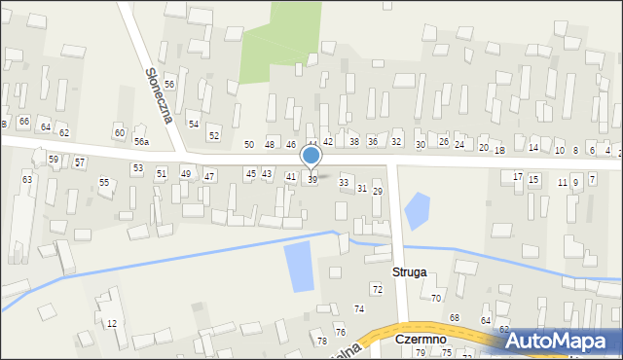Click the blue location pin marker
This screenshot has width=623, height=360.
click(x=311, y=156)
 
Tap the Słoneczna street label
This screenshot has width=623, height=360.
click(x=159, y=94)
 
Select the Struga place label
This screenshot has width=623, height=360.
click(x=410, y=272)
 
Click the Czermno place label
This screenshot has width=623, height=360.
click(x=421, y=340)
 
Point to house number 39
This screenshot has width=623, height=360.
click(x=312, y=180)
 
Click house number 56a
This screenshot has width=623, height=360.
click(x=142, y=142)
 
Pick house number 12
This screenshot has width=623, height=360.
click(x=112, y=323)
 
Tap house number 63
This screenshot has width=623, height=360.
click(x=27, y=180)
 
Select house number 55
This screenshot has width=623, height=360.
click(x=104, y=183)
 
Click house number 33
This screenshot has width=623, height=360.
click(x=343, y=183)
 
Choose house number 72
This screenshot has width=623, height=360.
click(x=377, y=290)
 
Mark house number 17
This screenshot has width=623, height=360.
click(x=518, y=176)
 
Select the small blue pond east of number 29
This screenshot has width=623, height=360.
click(x=417, y=210)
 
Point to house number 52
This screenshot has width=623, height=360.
click(x=214, y=135)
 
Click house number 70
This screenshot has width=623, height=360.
click(x=436, y=298)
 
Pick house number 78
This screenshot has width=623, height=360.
click(x=322, y=341)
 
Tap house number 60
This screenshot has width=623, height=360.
click(x=120, y=132)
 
